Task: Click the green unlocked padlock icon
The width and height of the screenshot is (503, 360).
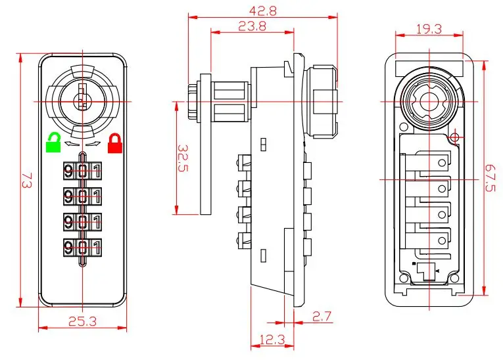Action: [x=53, y=142]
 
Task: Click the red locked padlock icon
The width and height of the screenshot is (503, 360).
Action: [x=116, y=142]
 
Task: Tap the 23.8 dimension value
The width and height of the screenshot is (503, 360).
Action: [x=234, y=27]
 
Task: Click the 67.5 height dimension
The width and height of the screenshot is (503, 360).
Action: [x=490, y=177]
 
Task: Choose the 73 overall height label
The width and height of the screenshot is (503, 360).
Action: [x=26, y=180]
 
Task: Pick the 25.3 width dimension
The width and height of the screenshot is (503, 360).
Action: [x=82, y=321]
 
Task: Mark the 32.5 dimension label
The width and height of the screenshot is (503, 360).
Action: [x=184, y=158]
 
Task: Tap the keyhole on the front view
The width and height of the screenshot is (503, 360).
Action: [x=82, y=99]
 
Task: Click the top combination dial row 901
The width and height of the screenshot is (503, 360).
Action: [x=82, y=171]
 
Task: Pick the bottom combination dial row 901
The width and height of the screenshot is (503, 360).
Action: [x=82, y=247]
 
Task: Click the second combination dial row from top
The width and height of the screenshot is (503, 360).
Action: [x=82, y=196]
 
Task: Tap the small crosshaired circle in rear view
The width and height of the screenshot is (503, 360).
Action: [x=454, y=138]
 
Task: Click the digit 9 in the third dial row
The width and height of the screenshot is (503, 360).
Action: [x=69, y=221]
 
